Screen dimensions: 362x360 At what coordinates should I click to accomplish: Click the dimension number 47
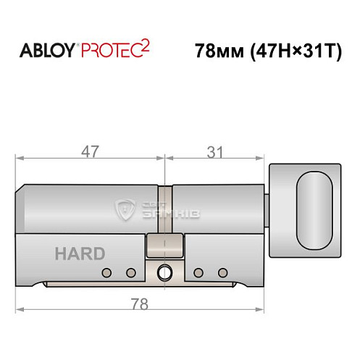pyautogui.click(x=91, y=152)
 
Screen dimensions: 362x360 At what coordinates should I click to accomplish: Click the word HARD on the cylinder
pyautogui.click(x=80, y=254)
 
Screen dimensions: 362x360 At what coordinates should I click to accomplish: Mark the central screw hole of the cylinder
pyautogui.click(x=164, y=273)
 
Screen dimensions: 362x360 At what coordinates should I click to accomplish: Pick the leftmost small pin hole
pyautogui.click(x=107, y=273)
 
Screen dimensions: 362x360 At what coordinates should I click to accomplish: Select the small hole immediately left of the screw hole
pyautogui.click(x=131, y=273)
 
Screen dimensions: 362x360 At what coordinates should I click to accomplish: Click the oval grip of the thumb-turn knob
pyautogui.click(x=315, y=206)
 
